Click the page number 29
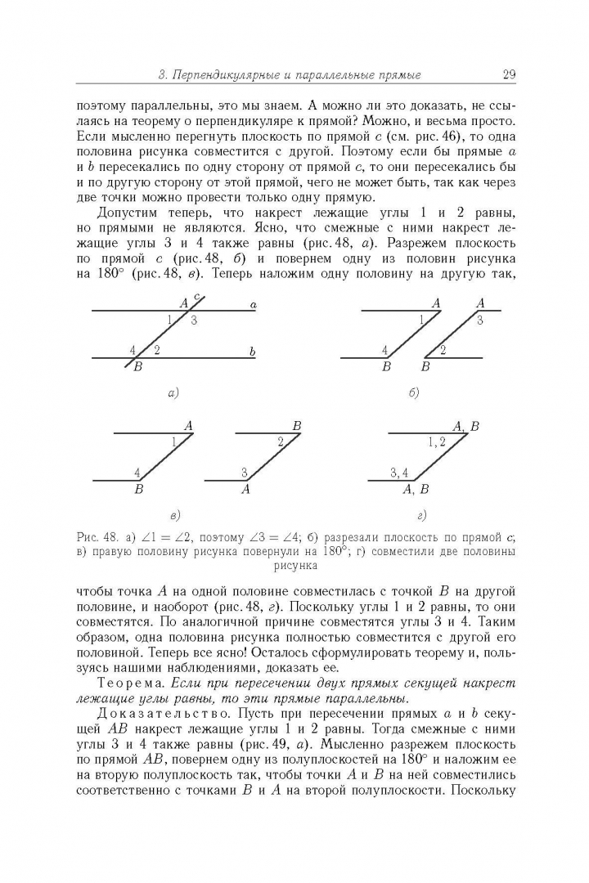(x=508, y=75)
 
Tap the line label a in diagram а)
(x=254, y=305)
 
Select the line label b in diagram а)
(x=253, y=352)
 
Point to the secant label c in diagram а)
(x=196, y=296)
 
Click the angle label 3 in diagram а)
(x=194, y=320)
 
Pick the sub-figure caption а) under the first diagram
(x=173, y=393)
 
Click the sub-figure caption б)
(x=414, y=393)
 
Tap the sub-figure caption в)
(x=174, y=515)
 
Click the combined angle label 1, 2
(x=437, y=441)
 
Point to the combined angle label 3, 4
(x=399, y=472)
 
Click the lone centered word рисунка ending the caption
(x=295, y=564)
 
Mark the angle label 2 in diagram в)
(x=281, y=442)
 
